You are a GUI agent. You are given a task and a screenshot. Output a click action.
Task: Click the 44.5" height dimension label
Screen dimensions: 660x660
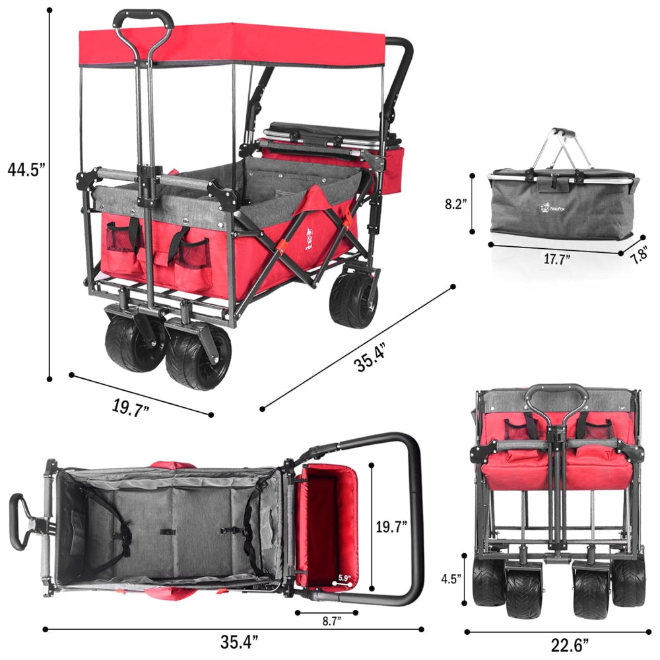tap(26, 170)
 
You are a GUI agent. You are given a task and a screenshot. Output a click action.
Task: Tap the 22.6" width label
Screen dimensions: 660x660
tap(570, 644)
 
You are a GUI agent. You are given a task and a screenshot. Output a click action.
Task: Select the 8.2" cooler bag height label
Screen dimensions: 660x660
tap(456, 204)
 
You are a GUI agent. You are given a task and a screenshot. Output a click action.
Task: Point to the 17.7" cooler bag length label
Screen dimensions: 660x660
tap(556, 259)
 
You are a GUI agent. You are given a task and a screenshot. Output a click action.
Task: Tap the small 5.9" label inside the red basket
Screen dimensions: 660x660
tap(344, 578)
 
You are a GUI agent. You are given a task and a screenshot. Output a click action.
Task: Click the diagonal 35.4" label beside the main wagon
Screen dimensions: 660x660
tap(370, 358)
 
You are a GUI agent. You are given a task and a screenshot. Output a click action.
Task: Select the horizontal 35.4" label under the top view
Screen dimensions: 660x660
tap(239, 642)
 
